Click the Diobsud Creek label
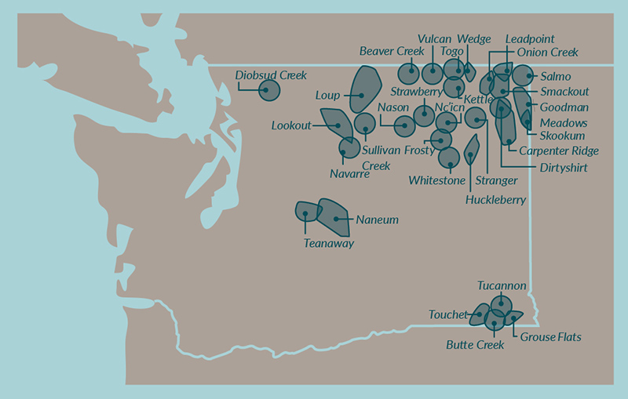pos(271,75)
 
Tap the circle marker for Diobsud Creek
pos(269,91)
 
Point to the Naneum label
pos(377,220)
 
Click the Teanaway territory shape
pos(306,211)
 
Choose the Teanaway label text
pos(328,244)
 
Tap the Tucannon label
pos(502,286)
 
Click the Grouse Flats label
pos(550,338)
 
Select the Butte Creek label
pos(475,344)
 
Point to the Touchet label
pos(447,315)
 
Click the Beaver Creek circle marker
pos(408,73)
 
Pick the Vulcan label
pos(434,38)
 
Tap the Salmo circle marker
pos(523,77)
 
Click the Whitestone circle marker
pos(449,158)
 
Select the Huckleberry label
pos(495,200)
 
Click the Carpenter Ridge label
pos(559,151)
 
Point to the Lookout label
pos(291,125)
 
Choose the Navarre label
pos(349,173)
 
